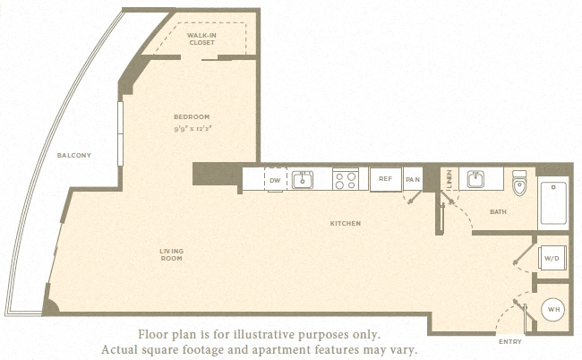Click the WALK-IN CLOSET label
[201, 39]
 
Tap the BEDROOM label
[192, 117]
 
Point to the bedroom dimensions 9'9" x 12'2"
[193, 129]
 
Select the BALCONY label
[73, 155]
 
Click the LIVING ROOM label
[172, 254]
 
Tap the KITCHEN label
[346, 223]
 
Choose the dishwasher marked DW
[276, 180]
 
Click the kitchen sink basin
[302, 180]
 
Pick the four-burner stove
[346, 179]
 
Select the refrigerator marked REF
[386, 179]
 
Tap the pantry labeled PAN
[413, 179]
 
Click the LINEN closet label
[449, 179]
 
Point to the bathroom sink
[475, 179]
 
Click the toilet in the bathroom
[519, 183]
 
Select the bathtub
[553, 203]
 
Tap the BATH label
[498, 211]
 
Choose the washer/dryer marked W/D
[552, 258]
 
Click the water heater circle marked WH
[553, 310]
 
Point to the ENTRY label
[510, 341]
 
